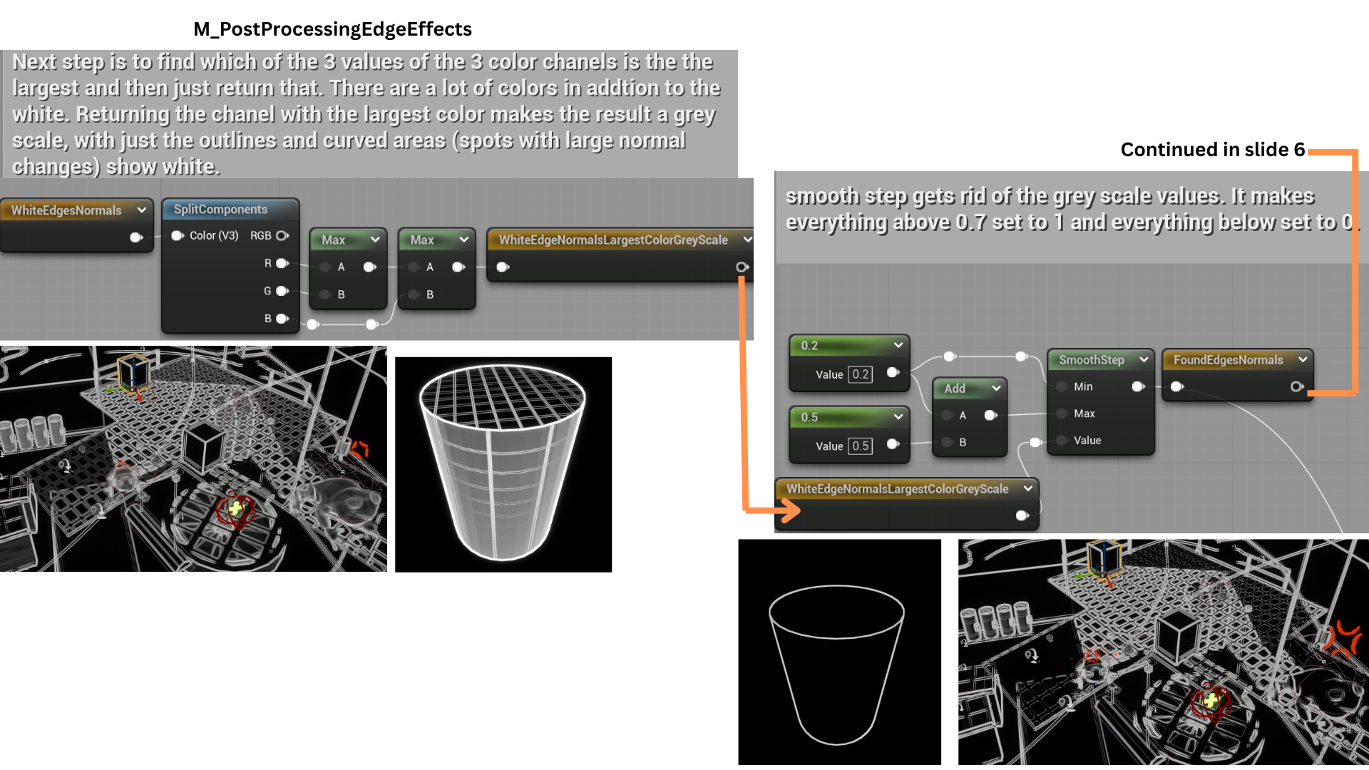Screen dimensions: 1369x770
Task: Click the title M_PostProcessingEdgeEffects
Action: (332, 29)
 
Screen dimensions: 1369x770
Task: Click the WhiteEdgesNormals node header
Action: (77, 210)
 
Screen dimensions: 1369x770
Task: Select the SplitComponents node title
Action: (220, 209)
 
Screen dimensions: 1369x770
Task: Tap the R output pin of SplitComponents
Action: (282, 263)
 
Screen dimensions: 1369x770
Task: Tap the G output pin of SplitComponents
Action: (282, 291)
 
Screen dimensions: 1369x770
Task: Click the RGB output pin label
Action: (260, 235)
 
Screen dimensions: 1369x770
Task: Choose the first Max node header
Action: (349, 240)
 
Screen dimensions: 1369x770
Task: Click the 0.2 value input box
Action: (861, 374)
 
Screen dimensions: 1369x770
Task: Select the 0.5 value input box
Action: (861, 446)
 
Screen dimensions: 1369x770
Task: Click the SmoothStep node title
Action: (1091, 360)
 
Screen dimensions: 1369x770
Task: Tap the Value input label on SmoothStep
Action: (1087, 441)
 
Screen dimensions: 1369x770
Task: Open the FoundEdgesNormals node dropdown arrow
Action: (1303, 360)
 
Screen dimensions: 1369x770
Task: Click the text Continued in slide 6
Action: (1212, 150)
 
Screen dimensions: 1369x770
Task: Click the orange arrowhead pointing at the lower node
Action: (789, 510)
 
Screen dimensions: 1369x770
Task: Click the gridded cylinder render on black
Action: (503, 464)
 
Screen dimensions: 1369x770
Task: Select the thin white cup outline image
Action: (839, 652)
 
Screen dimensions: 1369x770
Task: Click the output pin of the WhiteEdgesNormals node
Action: (136, 237)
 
